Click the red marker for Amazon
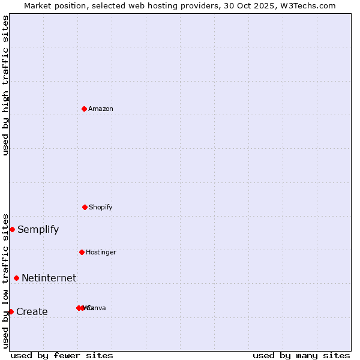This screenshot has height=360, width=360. point(85,109)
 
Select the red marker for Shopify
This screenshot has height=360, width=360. point(85,207)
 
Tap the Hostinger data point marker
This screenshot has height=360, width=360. point(82,252)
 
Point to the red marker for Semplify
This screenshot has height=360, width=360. point(12,229)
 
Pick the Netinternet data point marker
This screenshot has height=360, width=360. point(16,278)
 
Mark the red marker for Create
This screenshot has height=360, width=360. point(11,311)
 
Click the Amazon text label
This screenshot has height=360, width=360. point(101,109)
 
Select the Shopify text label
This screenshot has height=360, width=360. point(101,207)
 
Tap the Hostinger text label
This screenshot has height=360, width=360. point(101,252)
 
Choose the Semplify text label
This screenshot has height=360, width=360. point(38,229)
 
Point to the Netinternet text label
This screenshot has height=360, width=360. point(49,278)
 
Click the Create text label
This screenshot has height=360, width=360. point(32,311)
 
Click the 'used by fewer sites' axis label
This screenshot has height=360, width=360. point(62,355)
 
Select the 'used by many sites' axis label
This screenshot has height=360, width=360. point(301,355)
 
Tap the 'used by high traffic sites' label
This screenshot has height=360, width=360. point(5,85)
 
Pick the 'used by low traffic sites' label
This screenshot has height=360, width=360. point(5,280)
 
